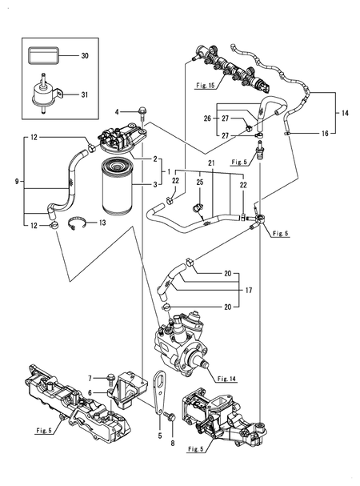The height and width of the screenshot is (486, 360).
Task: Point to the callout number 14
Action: tap(345, 114)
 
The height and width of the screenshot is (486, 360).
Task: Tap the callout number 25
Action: tap(200, 184)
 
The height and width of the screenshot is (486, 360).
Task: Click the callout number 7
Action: tap(92, 377)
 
